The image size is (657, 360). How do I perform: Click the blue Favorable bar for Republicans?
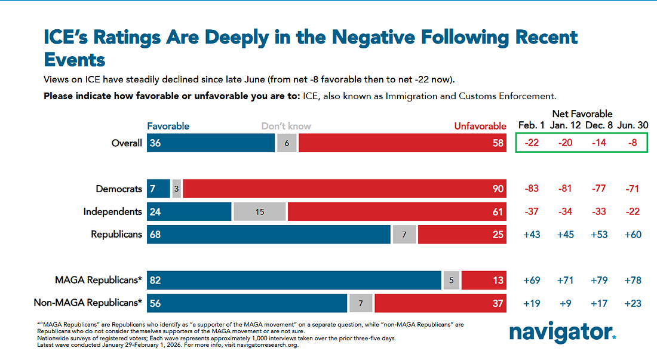(x=269, y=235)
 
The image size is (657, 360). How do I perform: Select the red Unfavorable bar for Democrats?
(x=345, y=189)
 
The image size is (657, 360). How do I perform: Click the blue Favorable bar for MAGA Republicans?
(x=294, y=280)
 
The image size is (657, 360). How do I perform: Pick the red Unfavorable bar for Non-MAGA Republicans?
(x=440, y=303)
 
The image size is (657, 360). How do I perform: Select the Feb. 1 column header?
(x=532, y=126)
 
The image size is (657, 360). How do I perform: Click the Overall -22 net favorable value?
(x=532, y=143)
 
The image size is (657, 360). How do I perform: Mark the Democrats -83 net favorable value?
(x=532, y=189)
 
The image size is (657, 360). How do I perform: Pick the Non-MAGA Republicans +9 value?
(x=566, y=303)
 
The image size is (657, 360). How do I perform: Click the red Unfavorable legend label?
(x=480, y=126)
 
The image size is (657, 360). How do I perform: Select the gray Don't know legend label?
(x=286, y=126)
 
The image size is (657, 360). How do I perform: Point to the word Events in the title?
(x=75, y=59)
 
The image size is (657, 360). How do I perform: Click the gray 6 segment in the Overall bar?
(x=287, y=143)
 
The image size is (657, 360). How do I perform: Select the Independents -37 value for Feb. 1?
(x=532, y=212)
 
